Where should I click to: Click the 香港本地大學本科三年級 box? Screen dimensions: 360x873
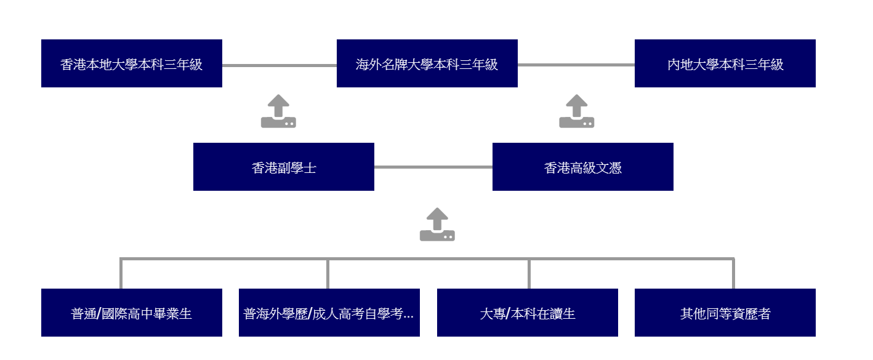(x=131, y=63)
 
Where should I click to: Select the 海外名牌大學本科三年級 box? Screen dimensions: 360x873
(x=427, y=63)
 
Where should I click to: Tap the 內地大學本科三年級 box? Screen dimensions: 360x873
(x=725, y=63)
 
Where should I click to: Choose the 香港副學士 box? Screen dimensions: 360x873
(x=283, y=167)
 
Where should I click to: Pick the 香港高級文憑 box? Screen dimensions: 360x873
(x=582, y=167)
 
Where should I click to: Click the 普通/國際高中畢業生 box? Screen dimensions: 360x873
(x=131, y=313)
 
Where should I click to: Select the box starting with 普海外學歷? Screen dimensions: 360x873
(x=329, y=313)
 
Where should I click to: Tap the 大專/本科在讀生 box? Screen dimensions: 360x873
(x=527, y=313)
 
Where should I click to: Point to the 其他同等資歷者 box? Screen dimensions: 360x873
(x=725, y=313)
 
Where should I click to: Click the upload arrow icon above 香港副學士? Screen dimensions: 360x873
(x=278, y=111)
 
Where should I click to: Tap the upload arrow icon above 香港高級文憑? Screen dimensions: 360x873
(x=576, y=111)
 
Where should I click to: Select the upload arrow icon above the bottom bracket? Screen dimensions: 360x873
(x=437, y=225)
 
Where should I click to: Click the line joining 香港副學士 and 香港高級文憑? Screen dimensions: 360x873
(x=433, y=167)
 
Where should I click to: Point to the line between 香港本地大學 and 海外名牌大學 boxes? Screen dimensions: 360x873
(x=279, y=65)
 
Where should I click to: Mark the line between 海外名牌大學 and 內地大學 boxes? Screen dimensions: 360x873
(x=576, y=65)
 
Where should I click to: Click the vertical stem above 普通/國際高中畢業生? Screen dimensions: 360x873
(x=121, y=274)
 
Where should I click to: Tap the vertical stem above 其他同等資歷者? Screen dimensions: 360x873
(x=733, y=274)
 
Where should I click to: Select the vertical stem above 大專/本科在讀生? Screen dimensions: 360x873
(x=529, y=274)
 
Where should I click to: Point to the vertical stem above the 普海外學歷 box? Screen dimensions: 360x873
(x=328, y=274)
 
